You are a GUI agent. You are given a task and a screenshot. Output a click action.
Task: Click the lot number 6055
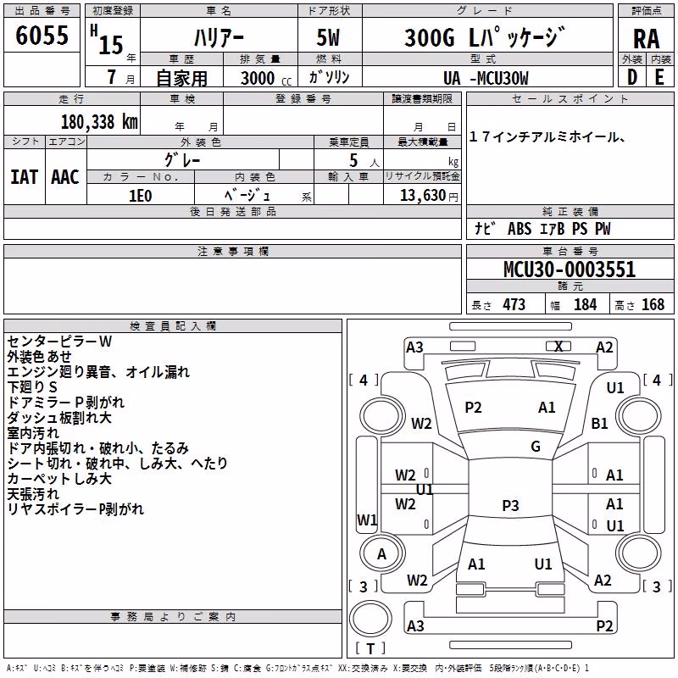42,36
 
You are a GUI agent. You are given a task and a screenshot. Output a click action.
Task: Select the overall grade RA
646,39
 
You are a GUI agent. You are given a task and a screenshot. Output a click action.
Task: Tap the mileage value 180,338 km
99,122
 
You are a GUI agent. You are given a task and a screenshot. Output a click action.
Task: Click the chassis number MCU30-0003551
570,270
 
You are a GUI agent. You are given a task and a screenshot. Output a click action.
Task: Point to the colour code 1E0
141,196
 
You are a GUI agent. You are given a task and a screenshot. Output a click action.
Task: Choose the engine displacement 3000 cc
266,78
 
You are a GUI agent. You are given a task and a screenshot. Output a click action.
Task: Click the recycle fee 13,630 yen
429,196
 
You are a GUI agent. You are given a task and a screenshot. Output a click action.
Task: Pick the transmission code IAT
24,177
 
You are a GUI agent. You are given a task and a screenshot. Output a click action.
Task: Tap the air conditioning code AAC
65,177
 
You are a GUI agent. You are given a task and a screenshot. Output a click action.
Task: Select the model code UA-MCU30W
486,78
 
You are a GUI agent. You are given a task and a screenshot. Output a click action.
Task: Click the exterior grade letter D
631,77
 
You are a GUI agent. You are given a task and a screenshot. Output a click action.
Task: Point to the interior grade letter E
659,77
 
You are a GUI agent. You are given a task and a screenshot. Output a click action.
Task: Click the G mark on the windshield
536,447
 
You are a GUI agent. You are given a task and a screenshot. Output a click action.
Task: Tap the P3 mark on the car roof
510,505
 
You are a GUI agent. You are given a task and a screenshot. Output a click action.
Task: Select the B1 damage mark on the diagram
600,423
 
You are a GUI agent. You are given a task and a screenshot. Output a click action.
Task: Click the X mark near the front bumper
559,347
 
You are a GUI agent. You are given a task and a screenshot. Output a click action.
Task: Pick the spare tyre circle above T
370,619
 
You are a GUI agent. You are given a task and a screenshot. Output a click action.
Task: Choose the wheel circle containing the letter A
382,553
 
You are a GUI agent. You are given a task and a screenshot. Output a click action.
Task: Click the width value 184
585,304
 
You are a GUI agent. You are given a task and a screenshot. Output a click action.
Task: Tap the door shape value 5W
328,37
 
